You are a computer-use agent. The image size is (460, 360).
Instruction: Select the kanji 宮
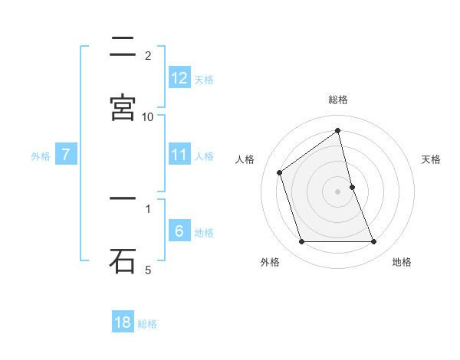point(123,107)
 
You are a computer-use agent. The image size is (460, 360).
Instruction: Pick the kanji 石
point(123,260)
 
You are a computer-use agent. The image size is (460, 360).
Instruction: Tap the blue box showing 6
point(179,231)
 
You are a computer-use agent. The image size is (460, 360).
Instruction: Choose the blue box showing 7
point(66,155)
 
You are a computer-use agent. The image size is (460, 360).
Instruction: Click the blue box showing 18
point(123,322)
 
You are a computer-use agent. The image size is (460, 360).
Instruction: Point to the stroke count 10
point(148,116)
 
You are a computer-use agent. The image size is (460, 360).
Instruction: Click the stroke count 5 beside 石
point(148,270)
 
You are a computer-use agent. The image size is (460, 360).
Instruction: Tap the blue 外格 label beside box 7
point(41,155)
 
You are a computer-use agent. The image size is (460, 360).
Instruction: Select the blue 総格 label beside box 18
point(147,323)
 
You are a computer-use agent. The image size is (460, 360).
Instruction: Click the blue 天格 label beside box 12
point(204,78)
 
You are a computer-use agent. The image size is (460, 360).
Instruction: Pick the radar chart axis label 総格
point(338,100)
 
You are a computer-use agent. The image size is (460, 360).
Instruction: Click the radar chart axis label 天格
point(431,159)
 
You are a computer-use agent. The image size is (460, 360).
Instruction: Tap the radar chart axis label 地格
point(402,262)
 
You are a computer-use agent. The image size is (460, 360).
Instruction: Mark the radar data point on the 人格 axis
point(280,172)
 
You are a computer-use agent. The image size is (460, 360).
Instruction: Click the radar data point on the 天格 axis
point(352,187)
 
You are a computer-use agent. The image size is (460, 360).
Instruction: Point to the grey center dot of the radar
point(338,191)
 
